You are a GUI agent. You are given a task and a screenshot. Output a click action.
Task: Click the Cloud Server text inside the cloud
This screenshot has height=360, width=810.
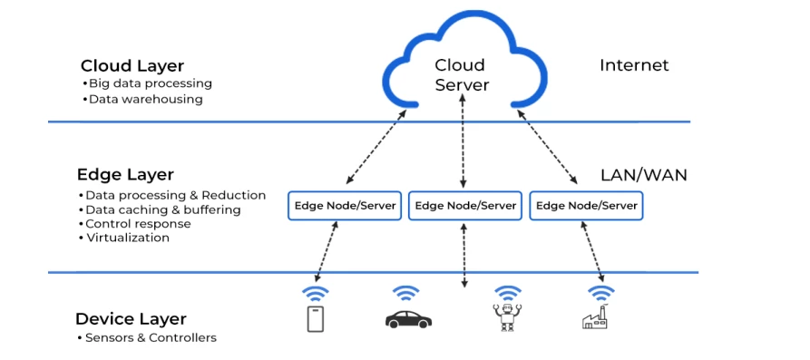click(x=462, y=74)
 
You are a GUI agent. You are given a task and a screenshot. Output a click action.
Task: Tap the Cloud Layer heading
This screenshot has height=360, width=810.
click(x=132, y=65)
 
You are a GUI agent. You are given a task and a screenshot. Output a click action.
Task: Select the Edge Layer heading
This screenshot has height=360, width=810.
click(x=125, y=174)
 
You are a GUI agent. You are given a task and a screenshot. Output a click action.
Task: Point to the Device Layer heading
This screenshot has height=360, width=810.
click(x=131, y=318)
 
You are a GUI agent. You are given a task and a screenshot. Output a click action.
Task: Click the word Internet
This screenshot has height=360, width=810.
click(x=634, y=65)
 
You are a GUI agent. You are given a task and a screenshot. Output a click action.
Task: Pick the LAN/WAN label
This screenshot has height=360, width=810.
click(x=643, y=175)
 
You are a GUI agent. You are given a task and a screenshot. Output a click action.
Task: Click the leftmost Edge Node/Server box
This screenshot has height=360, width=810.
click(x=345, y=206)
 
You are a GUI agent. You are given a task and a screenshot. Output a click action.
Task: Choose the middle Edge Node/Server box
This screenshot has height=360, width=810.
click(x=465, y=206)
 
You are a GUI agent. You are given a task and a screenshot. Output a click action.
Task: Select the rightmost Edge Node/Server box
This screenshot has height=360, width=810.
click(x=587, y=206)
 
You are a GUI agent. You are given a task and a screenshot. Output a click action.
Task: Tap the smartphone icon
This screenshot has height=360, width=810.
click(x=315, y=318)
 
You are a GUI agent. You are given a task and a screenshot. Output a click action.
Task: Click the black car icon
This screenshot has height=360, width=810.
click(x=408, y=319)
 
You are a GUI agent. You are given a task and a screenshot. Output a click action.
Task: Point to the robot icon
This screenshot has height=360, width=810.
click(x=506, y=318)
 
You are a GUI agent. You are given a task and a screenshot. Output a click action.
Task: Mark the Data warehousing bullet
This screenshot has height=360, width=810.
click(x=145, y=99)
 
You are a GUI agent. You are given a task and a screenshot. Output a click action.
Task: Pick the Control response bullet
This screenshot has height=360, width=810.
click(x=138, y=224)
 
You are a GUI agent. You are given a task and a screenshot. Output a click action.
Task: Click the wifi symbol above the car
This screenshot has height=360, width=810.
click(x=405, y=293)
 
